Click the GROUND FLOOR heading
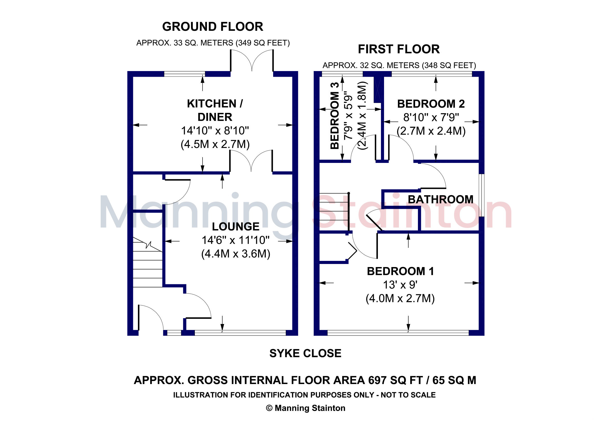[x=213, y=27]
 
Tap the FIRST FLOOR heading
[x=399, y=49]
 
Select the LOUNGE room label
[x=236, y=227]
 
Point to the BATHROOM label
[x=441, y=200]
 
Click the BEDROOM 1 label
[x=400, y=271]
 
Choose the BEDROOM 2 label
[x=431, y=104]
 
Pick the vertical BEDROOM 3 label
[x=335, y=116]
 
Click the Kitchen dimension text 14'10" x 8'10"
[x=215, y=131]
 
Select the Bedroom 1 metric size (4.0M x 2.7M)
[x=400, y=299]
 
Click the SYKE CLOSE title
[x=305, y=354]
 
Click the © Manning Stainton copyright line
[x=305, y=408]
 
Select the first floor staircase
[x=334, y=212]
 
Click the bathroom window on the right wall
[x=482, y=195]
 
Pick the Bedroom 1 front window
[x=398, y=333]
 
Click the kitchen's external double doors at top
[x=252, y=61]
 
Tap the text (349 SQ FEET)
[x=263, y=43]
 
